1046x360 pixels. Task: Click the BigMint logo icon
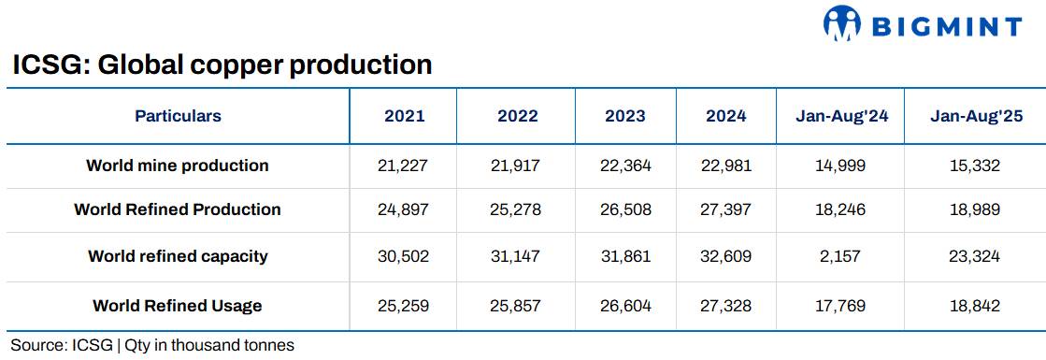pos(841,24)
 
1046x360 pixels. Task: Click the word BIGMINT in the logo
pos(946,26)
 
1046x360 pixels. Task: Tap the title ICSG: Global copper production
pos(222,65)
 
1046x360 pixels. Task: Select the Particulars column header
pos(178,116)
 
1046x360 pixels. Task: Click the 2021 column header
pos(404,116)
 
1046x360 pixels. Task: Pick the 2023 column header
pos(624,116)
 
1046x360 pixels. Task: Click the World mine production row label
pos(178,166)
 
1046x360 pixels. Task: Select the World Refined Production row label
pos(178,209)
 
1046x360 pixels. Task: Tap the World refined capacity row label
pos(178,255)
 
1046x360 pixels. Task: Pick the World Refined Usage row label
pos(178,306)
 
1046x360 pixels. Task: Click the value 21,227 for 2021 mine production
pos(404,166)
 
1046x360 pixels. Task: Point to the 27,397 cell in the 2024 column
pos(725,209)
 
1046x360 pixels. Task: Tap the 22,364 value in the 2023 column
pos(624,166)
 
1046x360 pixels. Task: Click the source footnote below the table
pos(152,345)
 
